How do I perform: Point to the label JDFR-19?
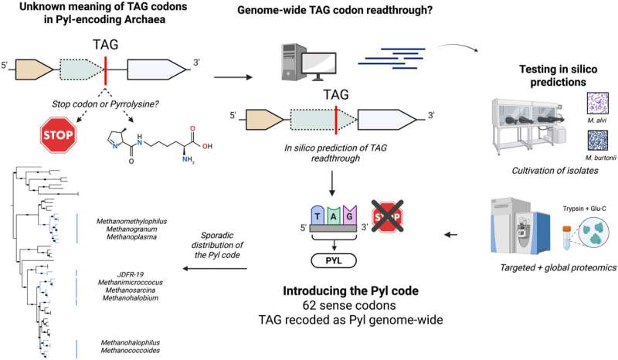point(127,275)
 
